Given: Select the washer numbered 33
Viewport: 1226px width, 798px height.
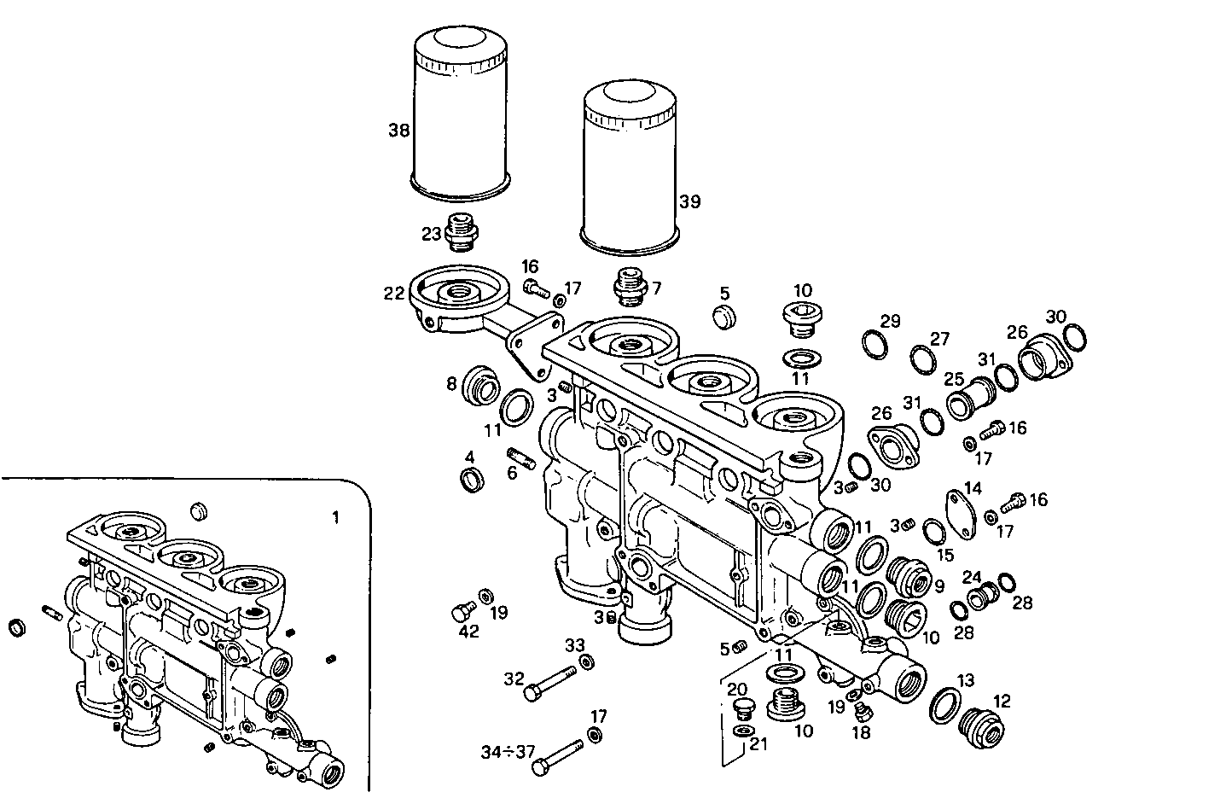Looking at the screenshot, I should coord(587,662).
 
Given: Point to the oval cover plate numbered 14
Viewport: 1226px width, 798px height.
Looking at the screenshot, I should coord(963,516).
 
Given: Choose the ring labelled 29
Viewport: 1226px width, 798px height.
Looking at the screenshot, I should coord(874,344).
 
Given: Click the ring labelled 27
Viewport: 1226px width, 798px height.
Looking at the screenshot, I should coord(922,358).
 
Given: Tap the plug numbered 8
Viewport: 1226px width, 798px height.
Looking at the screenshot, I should coord(480,388).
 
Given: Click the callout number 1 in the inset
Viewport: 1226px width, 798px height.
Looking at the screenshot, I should coord(335,517).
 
